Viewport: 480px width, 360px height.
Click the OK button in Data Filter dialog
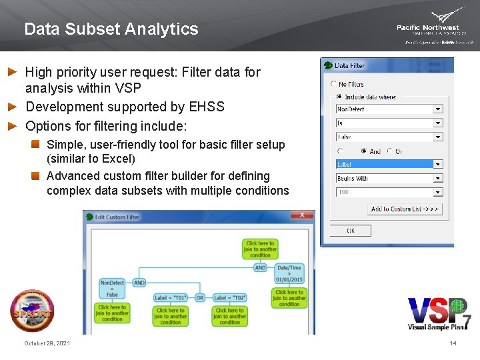[x=351, y=231]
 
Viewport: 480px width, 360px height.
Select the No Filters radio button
[x=334, y=84]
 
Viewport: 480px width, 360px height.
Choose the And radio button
[x=363, y=151]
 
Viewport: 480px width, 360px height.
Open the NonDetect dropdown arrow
[x=437, y=109]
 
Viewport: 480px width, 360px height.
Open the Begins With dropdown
[x=437, y=178]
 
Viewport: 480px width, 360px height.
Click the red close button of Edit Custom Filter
[x=305, y=215]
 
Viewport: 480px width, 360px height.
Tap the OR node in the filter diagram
[x=199, y=298]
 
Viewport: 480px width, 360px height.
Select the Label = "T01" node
[x=171, y=298]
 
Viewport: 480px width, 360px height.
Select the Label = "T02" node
[x=229, y=298]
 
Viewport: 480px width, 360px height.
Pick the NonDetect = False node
[x=112, y=289]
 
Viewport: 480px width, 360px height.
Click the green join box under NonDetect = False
[x=112, y=313]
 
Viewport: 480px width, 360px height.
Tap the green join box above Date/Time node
[x=259, y=249]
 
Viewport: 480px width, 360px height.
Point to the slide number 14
[x=453, y=343]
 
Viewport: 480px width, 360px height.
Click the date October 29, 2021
[x=47, y=343]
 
